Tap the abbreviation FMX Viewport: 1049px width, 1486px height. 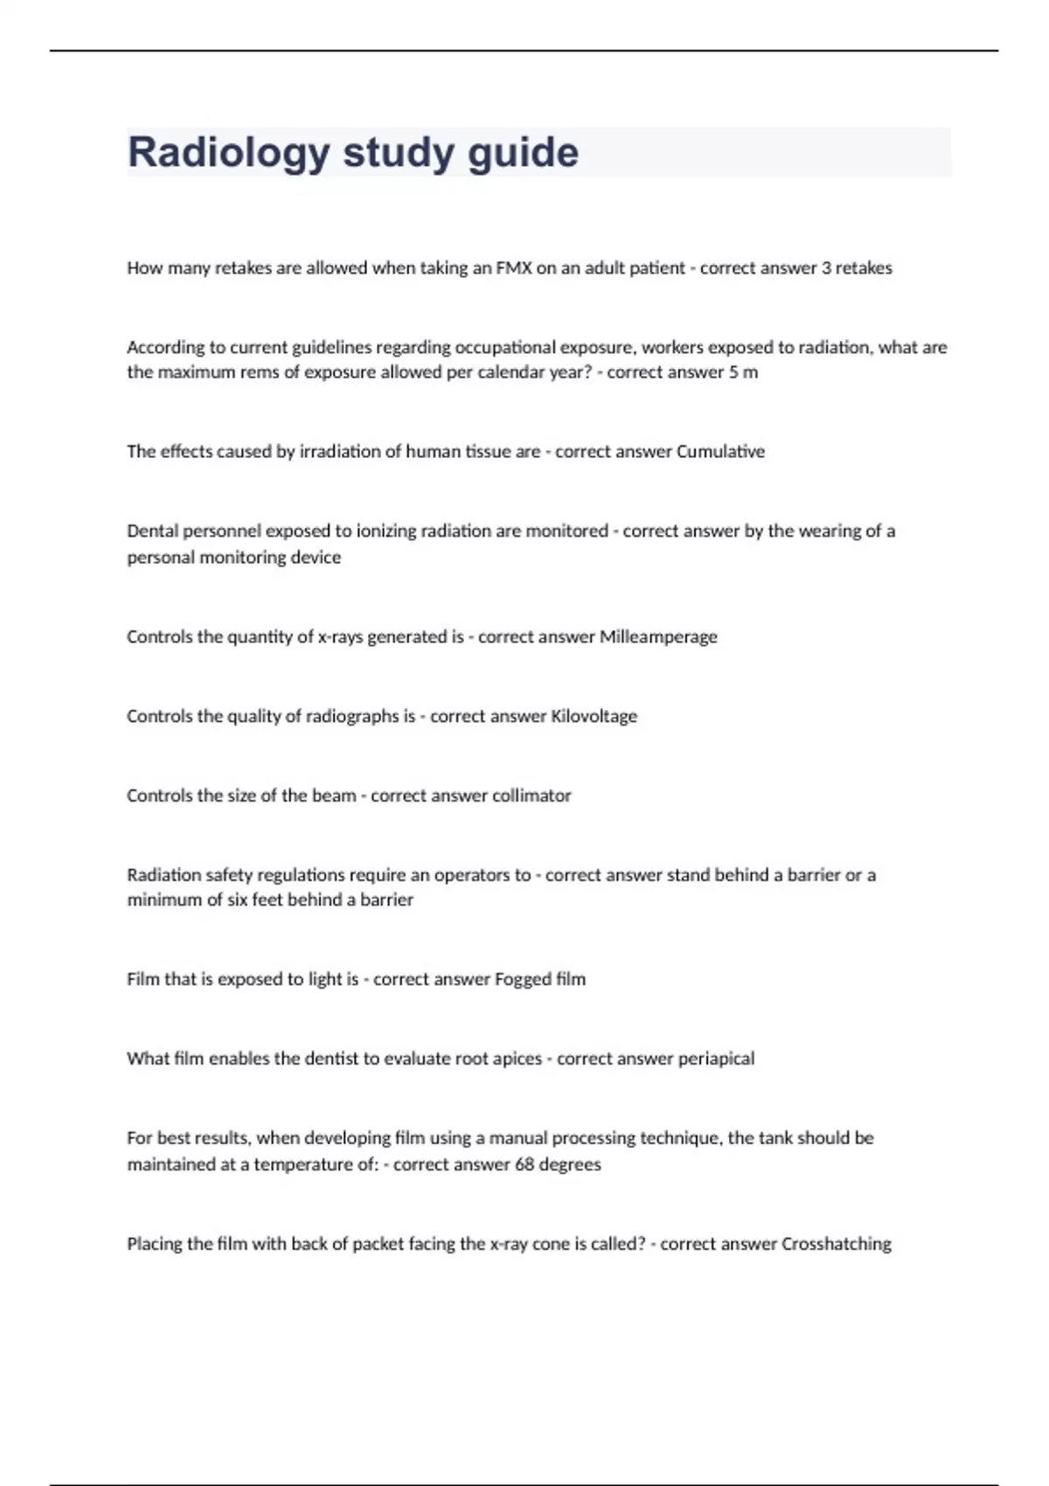pos(513,268)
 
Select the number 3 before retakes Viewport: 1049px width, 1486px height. pos(826,268)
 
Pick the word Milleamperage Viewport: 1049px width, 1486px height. pos(657,637)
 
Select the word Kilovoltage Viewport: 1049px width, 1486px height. pos(594,716)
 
